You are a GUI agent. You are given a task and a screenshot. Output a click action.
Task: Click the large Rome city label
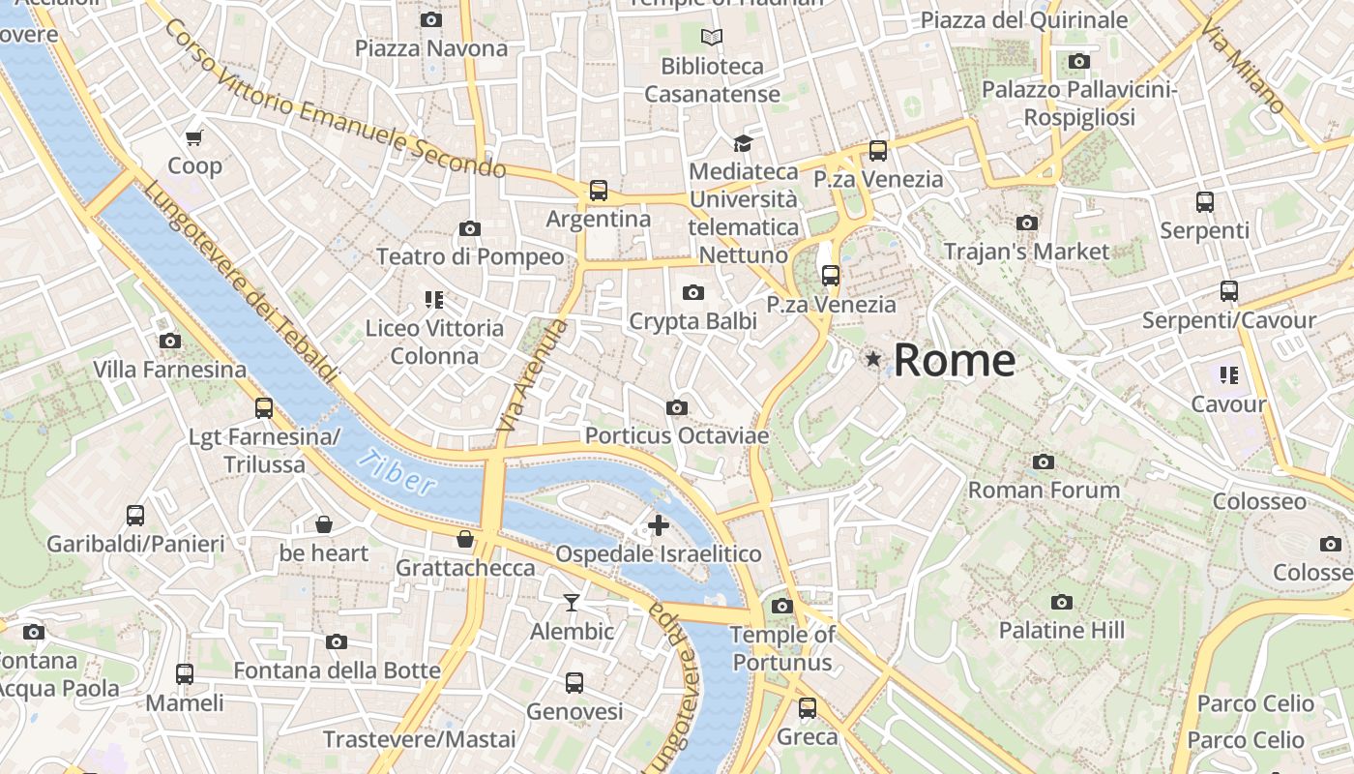point(954,360)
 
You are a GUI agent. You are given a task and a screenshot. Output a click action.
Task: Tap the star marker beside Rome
point(873,359)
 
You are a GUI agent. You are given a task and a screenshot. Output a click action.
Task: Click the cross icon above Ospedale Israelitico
point(659,525)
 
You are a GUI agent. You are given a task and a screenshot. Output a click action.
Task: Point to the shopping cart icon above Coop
point(194,137)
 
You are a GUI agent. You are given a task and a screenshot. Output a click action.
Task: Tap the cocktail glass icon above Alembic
point(572,603)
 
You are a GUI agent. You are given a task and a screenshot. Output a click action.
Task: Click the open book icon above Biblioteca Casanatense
point(712,38)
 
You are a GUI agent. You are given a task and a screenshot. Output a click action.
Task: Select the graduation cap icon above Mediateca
point(742,143)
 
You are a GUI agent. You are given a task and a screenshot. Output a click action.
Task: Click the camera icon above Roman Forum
point(1043,461)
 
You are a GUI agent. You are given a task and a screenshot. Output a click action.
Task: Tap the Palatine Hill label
point(1061,630)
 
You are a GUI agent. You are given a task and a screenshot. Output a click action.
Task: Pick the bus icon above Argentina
point(599,191)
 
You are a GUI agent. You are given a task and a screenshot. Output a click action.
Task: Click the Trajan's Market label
point(1026,252)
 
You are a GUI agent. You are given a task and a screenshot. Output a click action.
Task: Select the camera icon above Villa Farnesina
point(169,341)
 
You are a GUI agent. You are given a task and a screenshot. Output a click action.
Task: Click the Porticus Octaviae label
point(677,435)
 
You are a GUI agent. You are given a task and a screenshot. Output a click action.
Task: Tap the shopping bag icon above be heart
point(324,524)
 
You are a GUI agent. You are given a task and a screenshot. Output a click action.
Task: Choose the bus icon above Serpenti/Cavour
point(1228,291)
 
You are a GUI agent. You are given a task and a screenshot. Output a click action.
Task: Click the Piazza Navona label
point(431,47)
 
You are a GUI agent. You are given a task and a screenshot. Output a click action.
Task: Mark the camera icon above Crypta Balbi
point(692,292)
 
